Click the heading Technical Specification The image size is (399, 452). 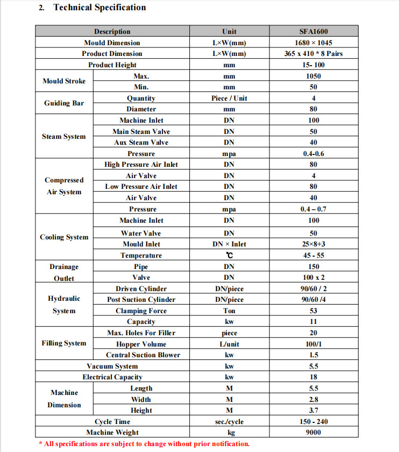(x=99, y=8)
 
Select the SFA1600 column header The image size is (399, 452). (x=313, y=32)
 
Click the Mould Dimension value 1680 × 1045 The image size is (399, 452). (x=313, y=43)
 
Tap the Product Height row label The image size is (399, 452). (x=112, y=65)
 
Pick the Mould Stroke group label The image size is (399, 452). (x=64, y=81)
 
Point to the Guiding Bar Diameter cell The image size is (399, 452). (x=141, y=109)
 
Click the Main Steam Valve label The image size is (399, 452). (x=141, y=131)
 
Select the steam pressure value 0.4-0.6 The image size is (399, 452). (x=313, y=154)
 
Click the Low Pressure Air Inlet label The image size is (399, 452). (x=141, y=187)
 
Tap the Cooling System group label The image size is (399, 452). (x=64, y=237)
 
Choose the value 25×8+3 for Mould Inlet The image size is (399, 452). (x=313, y=244)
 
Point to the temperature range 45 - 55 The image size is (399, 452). (x=313, y=256)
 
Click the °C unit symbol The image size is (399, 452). (x=229, y=256)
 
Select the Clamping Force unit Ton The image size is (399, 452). (x=229, y=311)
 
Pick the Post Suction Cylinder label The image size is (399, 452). (x=141, y=300)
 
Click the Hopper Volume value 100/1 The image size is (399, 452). (x=313, y=344)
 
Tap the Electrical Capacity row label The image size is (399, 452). (x=112, y=377)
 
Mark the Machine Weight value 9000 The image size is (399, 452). (x=313, y=433)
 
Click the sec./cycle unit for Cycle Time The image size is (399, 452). (x=229, y=422)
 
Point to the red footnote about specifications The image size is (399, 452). (x=145, y=444)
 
